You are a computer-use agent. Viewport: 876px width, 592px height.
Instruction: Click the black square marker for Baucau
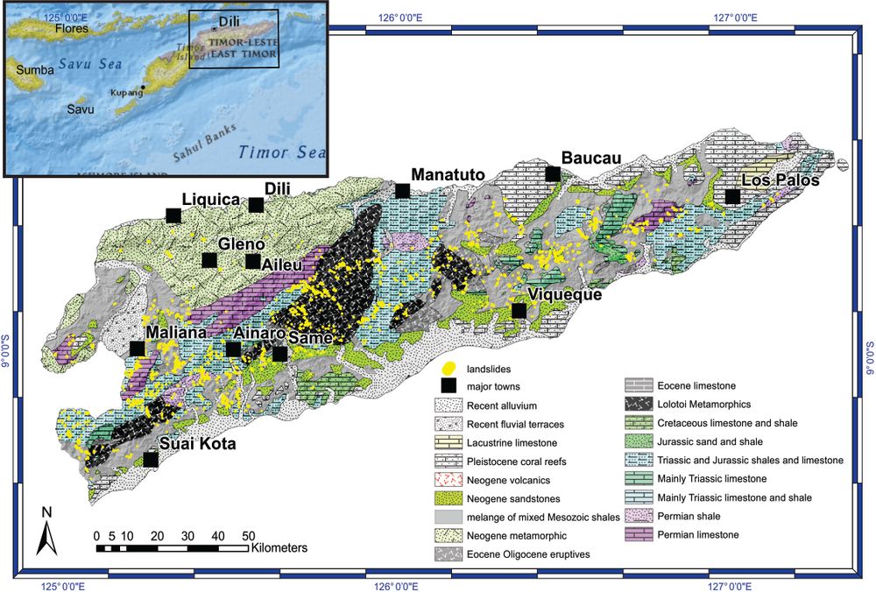pos(553,174)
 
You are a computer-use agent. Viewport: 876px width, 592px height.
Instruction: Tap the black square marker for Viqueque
pos(519,311)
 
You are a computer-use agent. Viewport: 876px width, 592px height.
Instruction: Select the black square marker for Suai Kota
pos(151,459)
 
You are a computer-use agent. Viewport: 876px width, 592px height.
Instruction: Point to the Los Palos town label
pos(780,180)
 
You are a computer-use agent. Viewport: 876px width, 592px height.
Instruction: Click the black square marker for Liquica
pos(173,215)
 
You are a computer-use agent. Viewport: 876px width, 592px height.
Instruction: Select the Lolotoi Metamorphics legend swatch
pos(638,403)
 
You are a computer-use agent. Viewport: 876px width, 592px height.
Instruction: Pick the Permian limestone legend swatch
pos(638,534)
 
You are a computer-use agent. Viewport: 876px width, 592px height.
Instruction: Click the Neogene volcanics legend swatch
pos(449,480)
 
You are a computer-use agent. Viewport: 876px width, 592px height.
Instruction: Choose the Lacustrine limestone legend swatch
pos(449,443)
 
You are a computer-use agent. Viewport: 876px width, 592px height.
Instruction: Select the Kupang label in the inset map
pos(125,92)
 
